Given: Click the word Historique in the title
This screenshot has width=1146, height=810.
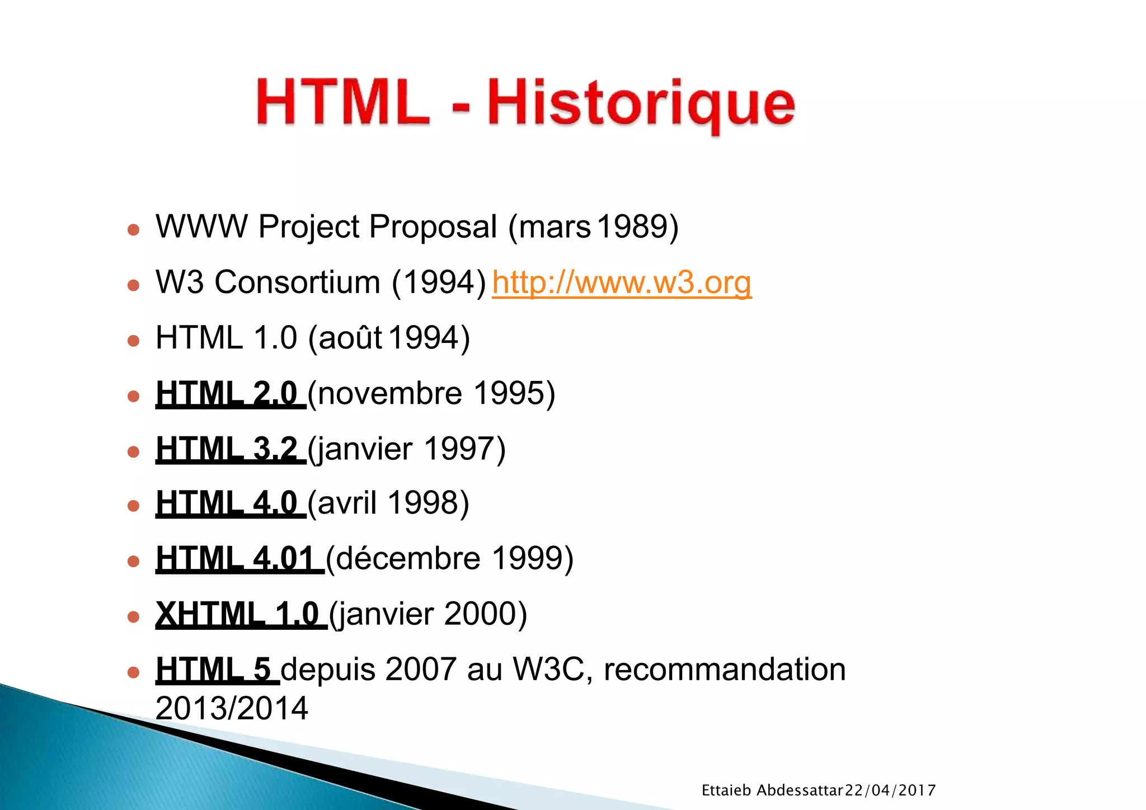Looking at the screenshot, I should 641,104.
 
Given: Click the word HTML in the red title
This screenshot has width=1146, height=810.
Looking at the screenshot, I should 342,103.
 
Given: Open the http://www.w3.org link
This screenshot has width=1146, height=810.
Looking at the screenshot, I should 622,282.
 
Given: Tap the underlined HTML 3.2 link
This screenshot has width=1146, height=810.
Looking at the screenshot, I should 230,449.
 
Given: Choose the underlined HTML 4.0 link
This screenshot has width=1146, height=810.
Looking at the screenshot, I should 230,503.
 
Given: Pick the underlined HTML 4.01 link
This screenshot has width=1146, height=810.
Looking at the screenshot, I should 239,558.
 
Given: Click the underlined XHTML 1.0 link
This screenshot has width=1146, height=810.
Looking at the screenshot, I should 241,614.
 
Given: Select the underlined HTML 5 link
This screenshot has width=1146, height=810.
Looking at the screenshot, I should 217,669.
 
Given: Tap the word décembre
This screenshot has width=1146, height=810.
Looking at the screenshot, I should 408,558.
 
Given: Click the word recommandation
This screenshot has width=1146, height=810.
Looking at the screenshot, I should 724,669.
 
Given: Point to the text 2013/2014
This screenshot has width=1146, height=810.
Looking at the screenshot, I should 232,708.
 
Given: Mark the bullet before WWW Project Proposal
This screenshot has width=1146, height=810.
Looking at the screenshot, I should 133,230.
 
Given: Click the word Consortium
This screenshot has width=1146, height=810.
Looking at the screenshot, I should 298,282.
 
